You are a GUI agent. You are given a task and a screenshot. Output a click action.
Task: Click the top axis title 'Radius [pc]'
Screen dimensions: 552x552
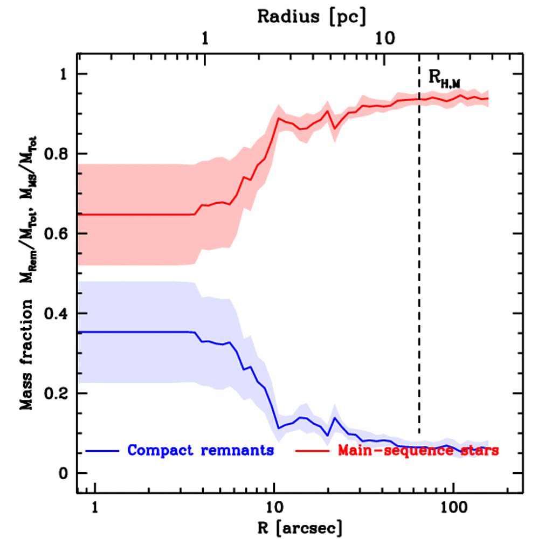(x=312, y=16)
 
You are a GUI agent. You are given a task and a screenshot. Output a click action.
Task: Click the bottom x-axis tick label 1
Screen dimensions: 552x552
(x=95, y=507)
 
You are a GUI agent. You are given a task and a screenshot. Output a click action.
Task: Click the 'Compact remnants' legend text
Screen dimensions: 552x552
(x=201, y=450)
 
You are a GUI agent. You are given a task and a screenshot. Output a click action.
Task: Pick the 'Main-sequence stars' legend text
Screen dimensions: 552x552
(x=418, y=450)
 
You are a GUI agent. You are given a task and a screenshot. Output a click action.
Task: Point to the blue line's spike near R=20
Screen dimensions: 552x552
(x=334, y=418)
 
